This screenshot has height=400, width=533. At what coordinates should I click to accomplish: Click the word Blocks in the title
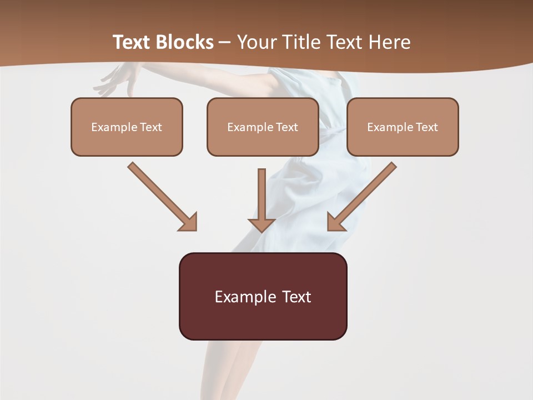(x=185, y=42)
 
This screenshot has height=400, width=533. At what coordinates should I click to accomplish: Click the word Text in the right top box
(x=426, y=127)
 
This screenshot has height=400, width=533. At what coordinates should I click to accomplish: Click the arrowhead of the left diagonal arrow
(x=189, y=222)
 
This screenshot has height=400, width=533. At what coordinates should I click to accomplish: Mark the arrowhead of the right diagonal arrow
(x=336, y=222)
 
